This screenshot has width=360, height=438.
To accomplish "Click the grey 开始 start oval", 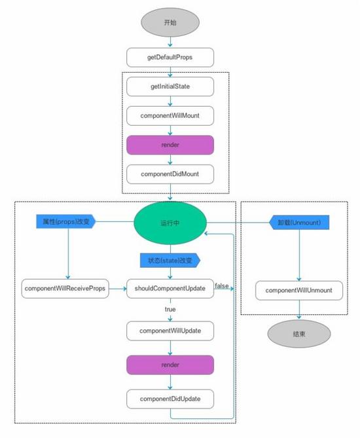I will click(x=170, y=22).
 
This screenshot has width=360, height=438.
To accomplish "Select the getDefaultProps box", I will click(x=170, y=57).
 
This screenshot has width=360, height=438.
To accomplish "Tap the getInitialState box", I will click(x=170, y=86).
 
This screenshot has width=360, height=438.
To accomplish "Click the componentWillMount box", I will click(x=170, y=115).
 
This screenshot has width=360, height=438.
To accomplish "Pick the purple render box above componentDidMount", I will click(x=170, y=144).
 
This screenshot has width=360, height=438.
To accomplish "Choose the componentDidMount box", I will click(x=170, y=173).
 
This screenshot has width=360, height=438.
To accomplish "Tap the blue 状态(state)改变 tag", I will click(x=170, y=261).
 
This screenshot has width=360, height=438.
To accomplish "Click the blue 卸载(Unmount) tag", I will click(x=298, y=223).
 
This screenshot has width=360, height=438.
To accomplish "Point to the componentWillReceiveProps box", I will click(x=65, y=289).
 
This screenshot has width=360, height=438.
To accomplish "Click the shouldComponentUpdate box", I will click(x=170, y=289).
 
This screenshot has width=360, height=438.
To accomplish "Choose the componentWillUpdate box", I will click(x=170, y=331).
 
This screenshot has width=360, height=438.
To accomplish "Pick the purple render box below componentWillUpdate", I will click(x=170, y=364).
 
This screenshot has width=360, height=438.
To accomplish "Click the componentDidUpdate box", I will click(x=170, y=397).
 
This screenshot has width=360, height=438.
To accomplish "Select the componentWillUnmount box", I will click(x=298, y=290).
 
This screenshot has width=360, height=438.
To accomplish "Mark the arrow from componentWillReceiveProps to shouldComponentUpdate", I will click(x=117, y=289).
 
